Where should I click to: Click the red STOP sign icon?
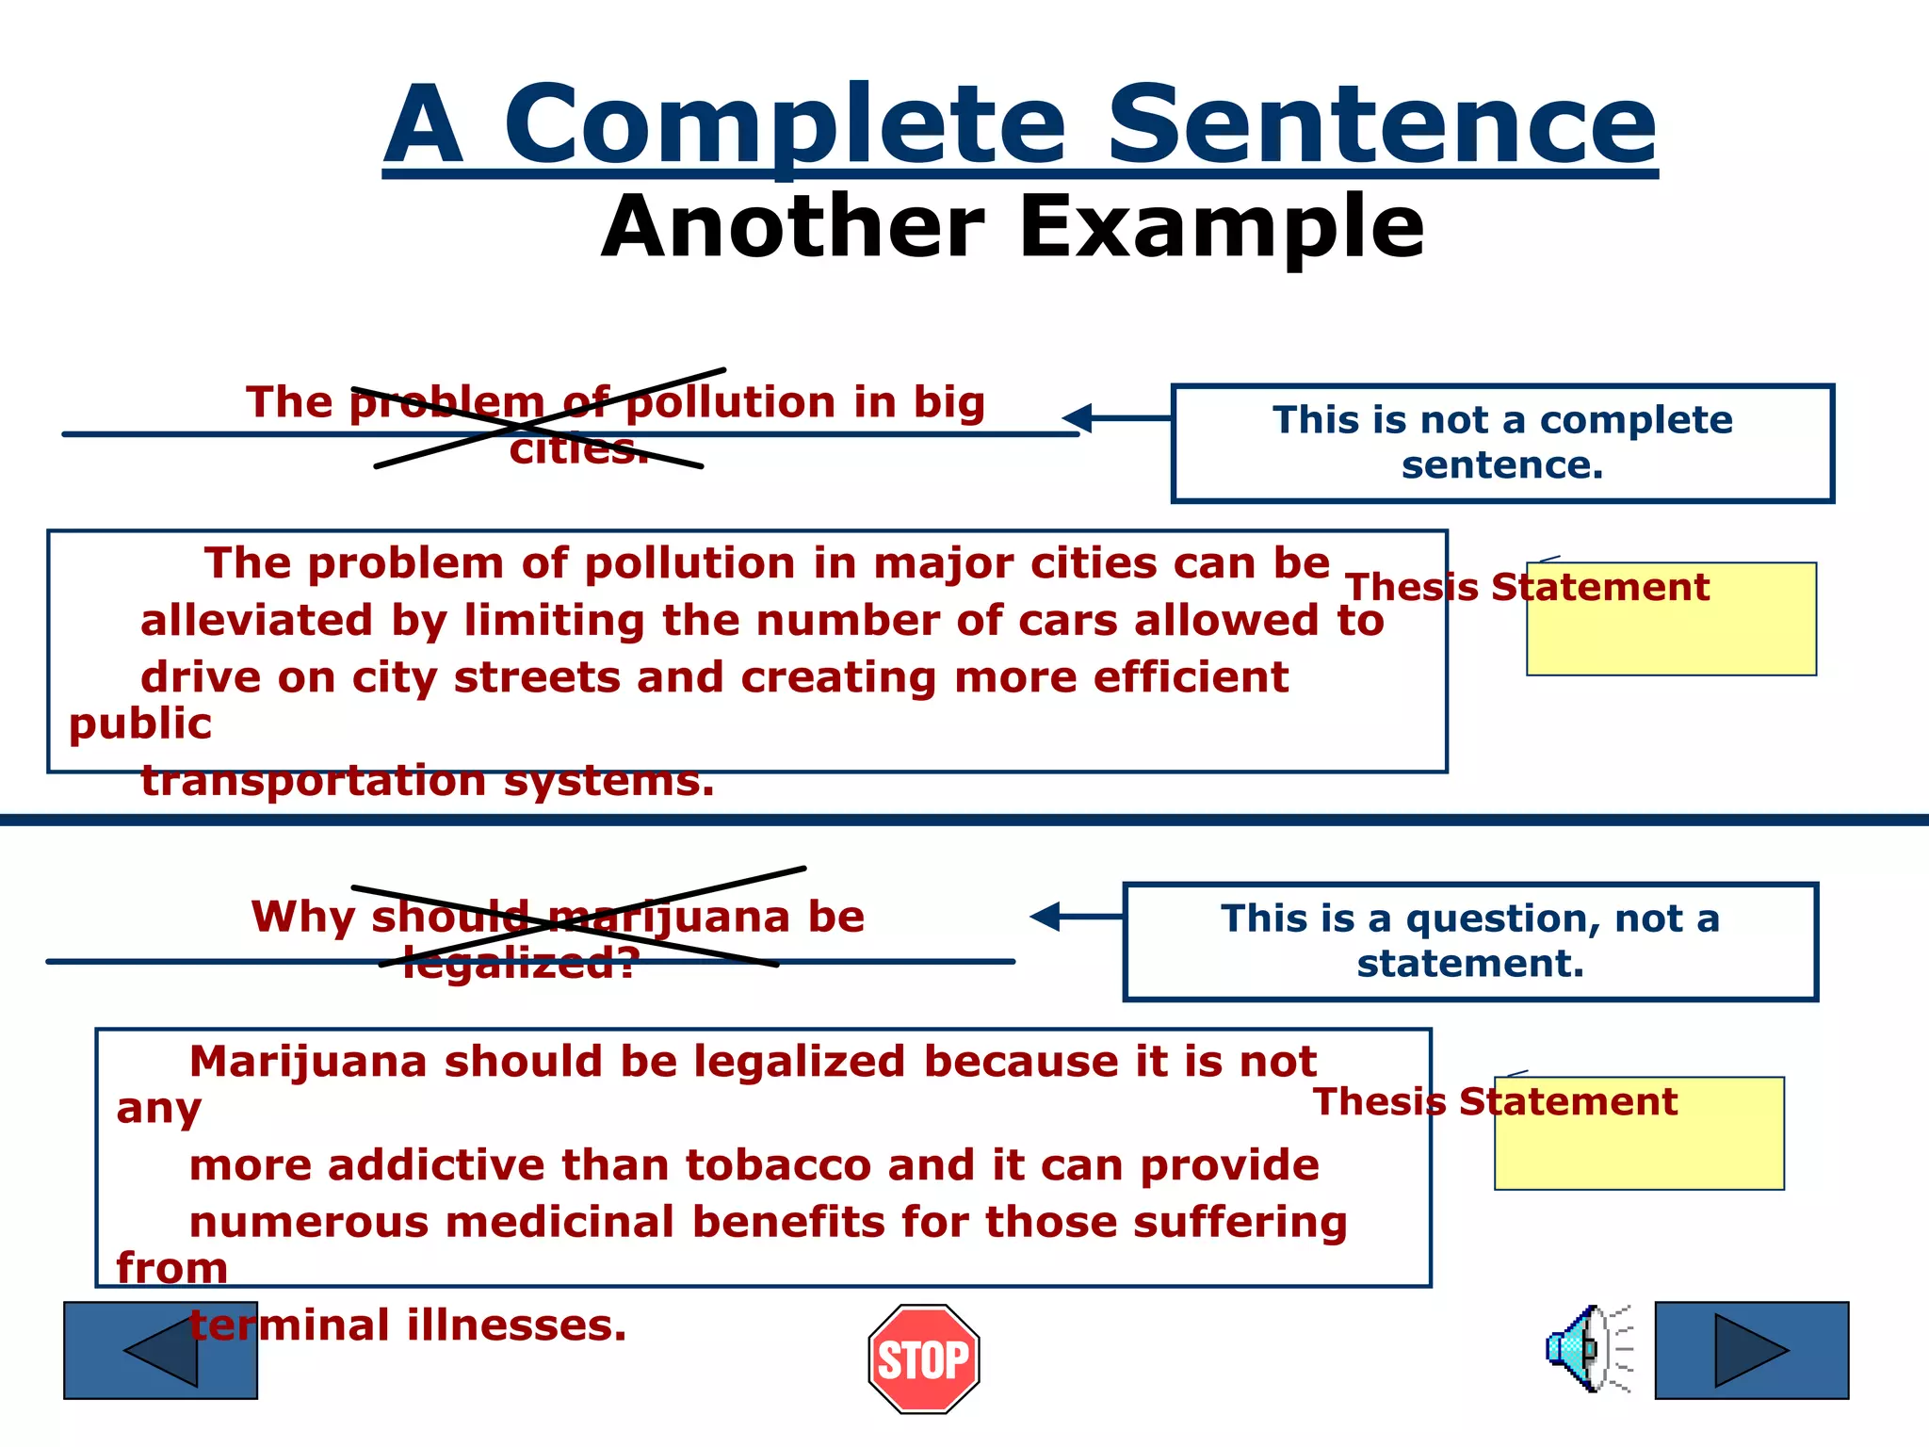pos(924,1358)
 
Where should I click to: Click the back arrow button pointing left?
pos(160,1350)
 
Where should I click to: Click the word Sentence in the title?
pos(1381,124)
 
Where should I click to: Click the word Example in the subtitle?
pos(1222,227)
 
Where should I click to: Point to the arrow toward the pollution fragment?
pos(1115,417)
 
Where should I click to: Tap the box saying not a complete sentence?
pos(1502,443)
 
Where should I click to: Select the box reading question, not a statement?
pos(1469,941)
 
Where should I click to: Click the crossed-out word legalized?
pos(521,964)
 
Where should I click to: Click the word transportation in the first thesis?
pos(313,781)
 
